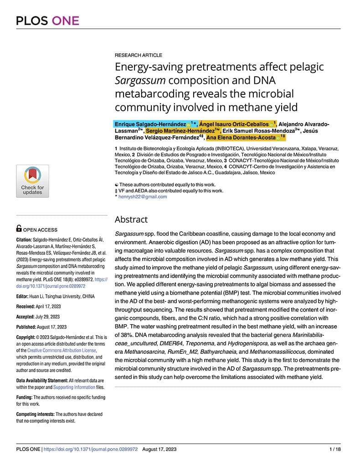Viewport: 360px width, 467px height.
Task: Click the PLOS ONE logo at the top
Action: pos(47,21)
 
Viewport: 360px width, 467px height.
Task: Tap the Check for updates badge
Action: pos(32,181)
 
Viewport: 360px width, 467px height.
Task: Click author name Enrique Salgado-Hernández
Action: pos(150,124)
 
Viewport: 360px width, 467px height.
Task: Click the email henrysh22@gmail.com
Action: pos(143,197)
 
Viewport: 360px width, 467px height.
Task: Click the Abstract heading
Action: pos(131,219)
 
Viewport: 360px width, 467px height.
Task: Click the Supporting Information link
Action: pos(74,387)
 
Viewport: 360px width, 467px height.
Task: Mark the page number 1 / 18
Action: pos(334,449)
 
